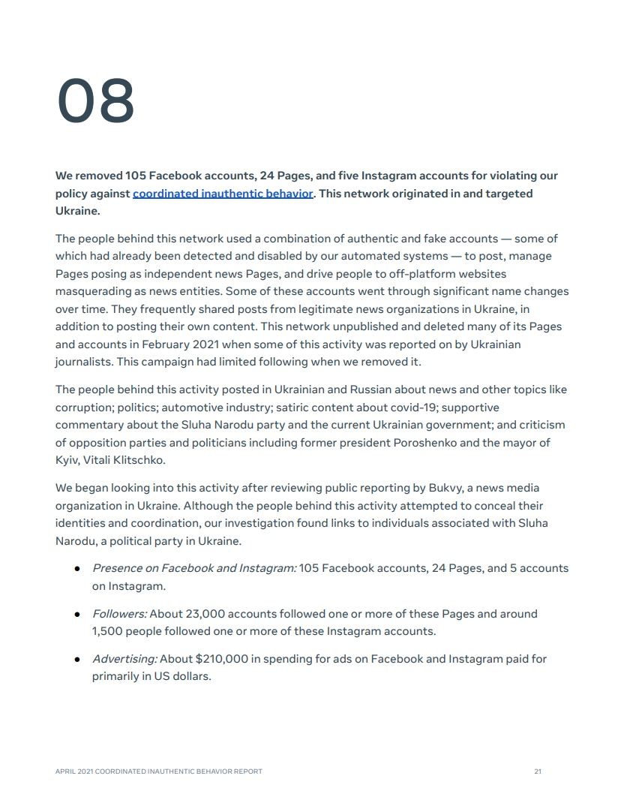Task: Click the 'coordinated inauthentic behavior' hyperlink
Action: (x=223, y=194)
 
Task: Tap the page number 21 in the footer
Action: (x=538, y=771)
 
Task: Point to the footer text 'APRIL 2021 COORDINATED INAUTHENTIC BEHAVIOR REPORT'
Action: (x=159, y=771)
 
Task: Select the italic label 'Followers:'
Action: (x=119, y=614)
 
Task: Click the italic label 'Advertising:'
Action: (x=124, y=659)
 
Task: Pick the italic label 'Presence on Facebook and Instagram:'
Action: (x=194, y=568)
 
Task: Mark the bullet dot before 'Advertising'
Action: (x=77, y=660)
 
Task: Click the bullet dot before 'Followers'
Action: (x=77, y=615)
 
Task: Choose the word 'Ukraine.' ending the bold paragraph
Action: (x=77, y=211)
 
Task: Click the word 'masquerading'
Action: (x=91, y=291)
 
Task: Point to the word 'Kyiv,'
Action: (x=69, y=460)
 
